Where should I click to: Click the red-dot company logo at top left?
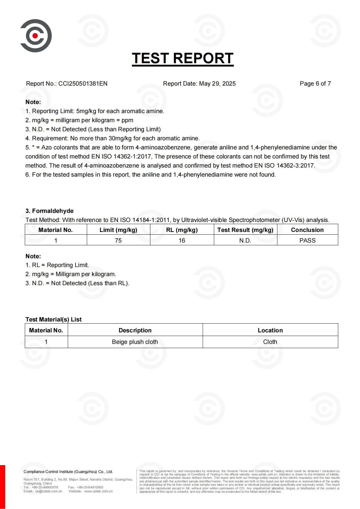36,36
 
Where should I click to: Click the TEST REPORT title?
182,58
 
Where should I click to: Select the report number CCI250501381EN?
83,84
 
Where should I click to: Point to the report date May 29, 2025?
217,84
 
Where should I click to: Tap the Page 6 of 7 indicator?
315,84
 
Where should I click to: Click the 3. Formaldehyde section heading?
49,211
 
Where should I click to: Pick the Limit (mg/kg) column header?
118,230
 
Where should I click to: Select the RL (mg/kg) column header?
182,230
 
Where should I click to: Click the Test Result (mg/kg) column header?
245,230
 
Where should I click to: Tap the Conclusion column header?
307,230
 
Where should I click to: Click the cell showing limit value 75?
118,240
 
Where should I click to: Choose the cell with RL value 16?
182,240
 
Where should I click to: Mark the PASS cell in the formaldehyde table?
307,240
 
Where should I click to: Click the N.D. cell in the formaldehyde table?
245,240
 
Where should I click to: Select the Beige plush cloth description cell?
135,342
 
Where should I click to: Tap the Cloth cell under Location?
270,342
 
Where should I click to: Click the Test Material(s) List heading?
54,319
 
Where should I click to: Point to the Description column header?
135,330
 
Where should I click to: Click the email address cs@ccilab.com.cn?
49,491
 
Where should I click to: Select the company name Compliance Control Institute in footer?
68,471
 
